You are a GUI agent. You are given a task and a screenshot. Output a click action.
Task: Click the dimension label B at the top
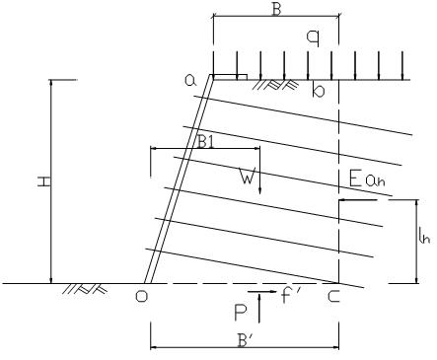(x=276, y=10)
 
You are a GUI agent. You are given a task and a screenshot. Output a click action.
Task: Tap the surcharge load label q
(x=313, y=37)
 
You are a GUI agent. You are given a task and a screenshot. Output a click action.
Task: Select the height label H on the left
(x=44, y=181)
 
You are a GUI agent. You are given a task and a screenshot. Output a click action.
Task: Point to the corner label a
(x=190, y=81)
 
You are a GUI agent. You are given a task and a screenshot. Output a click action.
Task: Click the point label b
(x=318, y=90)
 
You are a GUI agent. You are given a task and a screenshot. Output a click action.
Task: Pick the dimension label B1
(x=206, y=142)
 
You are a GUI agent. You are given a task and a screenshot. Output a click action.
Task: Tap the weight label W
(x=248, y=178)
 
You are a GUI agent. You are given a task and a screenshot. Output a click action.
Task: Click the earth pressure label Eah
(x=366, y=180)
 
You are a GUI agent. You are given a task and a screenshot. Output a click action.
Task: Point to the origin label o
(x=142, y=296)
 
